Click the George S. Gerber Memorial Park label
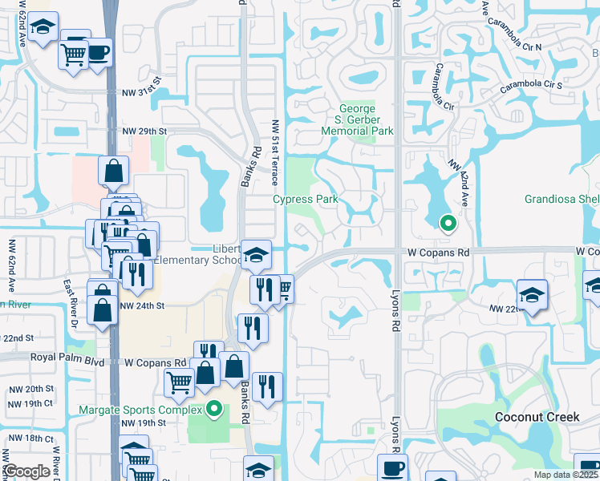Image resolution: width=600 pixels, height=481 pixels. pyautogui.click(x=357, y=119)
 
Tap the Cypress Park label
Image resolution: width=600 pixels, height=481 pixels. pyautogui.click(x=305, y=199)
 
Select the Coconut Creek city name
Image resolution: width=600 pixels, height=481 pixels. pyautogui.click(x=537, y=417)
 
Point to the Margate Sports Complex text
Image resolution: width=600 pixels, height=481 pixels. pyautogui.click(x=144, y=410)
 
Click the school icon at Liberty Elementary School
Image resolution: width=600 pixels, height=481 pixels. pyautogui.click(x=256, y=255)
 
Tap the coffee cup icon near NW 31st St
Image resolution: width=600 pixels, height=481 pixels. pyautogui.click(x=97, y=54)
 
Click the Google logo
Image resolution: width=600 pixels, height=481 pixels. pyautogui.click(x=27, y=471)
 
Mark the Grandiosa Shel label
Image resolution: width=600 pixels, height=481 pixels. pyautogui.click(x=561, y=199)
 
